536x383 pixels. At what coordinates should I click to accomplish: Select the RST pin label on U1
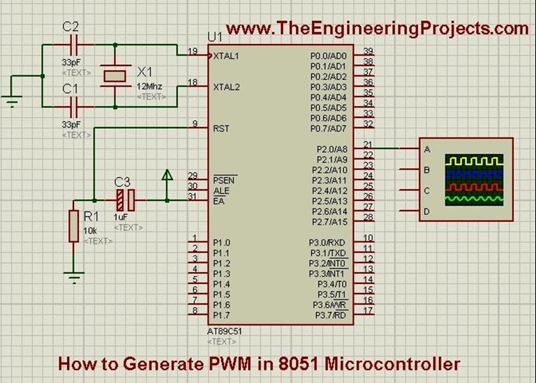221,128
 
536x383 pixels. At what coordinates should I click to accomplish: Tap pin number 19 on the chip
193,51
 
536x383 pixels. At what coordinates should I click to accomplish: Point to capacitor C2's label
70,27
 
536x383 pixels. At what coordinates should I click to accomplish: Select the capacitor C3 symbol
125,201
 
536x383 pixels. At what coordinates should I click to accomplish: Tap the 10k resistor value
90,231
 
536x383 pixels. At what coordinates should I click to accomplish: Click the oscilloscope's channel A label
426,149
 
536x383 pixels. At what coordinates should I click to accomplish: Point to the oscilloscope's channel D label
426,211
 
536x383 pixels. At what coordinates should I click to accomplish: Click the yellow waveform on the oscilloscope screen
475,160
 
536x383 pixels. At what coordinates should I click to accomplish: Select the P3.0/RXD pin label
327,242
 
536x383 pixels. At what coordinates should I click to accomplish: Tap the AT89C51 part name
225,331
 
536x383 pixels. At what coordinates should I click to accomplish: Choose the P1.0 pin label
221,242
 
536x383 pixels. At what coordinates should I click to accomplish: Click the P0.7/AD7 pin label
327,128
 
